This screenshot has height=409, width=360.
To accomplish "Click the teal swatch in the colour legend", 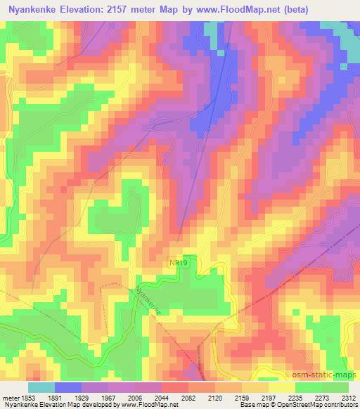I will coord(41,387).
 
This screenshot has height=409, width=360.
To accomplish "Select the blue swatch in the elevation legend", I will coord(68,387).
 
